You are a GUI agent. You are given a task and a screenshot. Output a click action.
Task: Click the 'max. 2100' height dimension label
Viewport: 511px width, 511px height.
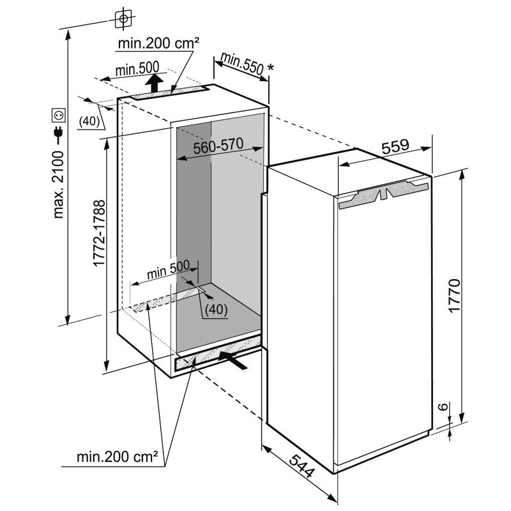(x=59, y=185)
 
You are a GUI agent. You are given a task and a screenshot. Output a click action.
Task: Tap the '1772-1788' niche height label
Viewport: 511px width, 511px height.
(x=100, y=233)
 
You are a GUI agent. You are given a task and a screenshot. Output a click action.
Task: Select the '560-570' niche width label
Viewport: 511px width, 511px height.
(x=218, y=146)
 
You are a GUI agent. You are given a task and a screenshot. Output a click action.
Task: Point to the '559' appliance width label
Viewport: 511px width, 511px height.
(x=395, y=146)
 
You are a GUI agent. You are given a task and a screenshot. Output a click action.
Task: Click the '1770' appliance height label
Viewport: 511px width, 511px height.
(x=454, y=296)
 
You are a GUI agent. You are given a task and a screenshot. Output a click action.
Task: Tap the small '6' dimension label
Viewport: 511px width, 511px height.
(x=442, y=407)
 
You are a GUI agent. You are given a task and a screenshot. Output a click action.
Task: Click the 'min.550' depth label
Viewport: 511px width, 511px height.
(x=241, y=63)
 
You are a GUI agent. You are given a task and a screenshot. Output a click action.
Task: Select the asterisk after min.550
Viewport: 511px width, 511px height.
(x=270, y=68)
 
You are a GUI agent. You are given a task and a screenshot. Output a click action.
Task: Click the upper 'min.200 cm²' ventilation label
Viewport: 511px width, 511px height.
(x=158, y=43)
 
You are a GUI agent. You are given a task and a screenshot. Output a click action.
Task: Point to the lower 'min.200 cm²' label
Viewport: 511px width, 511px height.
(x=118, y=457)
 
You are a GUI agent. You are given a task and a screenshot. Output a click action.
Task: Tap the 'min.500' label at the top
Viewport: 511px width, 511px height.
(x=137, y=68)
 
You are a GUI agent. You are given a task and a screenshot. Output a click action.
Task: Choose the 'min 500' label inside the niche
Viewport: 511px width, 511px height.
(x=168, y=270)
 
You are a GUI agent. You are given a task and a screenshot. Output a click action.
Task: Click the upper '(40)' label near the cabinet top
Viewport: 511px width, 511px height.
(x=89, y=121)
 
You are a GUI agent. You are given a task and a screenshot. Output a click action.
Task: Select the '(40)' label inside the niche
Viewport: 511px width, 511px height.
(x=216, y=309)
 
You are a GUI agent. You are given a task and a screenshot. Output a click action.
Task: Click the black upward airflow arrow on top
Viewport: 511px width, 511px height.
(x=154, y=83)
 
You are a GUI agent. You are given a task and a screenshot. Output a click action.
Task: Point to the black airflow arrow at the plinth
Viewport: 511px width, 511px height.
(x=233, y=360)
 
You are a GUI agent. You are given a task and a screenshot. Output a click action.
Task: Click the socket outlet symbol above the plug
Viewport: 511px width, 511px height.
(x=59, y=115)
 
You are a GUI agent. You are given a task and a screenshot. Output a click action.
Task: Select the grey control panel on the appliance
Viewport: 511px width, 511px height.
(x=383, y=195)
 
